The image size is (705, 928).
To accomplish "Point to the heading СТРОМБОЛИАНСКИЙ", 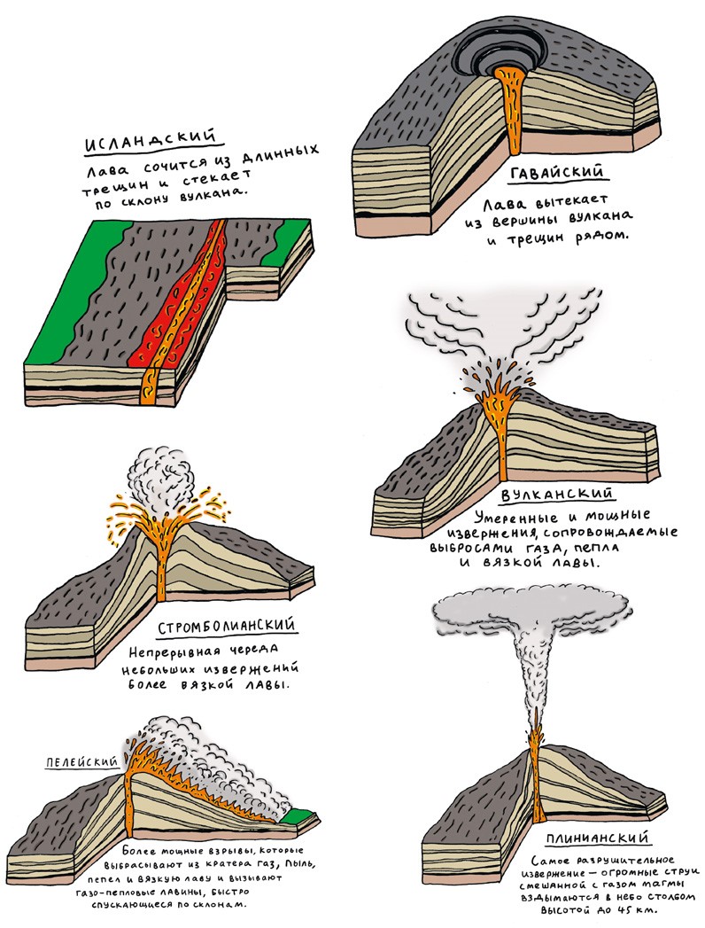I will pos(228,628).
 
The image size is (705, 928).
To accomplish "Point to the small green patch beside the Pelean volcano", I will pos(302,813).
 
